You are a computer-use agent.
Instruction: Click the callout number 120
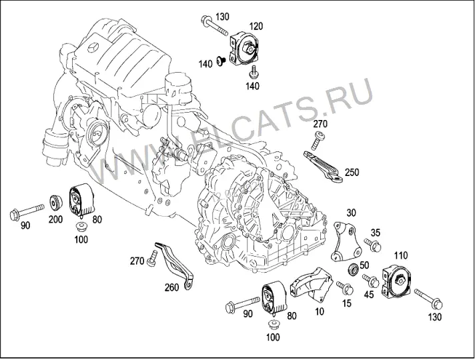point(256,27)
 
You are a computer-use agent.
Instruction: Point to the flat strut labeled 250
point(323,167)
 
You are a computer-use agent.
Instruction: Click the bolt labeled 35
point(373,245)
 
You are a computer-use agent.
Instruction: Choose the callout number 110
point(400,255)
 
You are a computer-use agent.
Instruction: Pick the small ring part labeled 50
point(353,269)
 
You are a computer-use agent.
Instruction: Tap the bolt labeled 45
point(371,281)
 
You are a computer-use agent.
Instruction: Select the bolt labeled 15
point(345,287)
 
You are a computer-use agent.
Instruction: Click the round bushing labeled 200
point(56,203)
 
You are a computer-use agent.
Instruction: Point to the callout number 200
point(56,219)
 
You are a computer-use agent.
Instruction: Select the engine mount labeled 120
point(244,49)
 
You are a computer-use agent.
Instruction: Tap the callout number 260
point(171,287)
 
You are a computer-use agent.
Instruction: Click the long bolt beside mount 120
point(215,27)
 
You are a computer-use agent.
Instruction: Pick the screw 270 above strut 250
point(316,140)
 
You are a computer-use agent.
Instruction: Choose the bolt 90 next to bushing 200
point(27,211)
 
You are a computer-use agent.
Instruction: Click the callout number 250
point(352,172)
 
